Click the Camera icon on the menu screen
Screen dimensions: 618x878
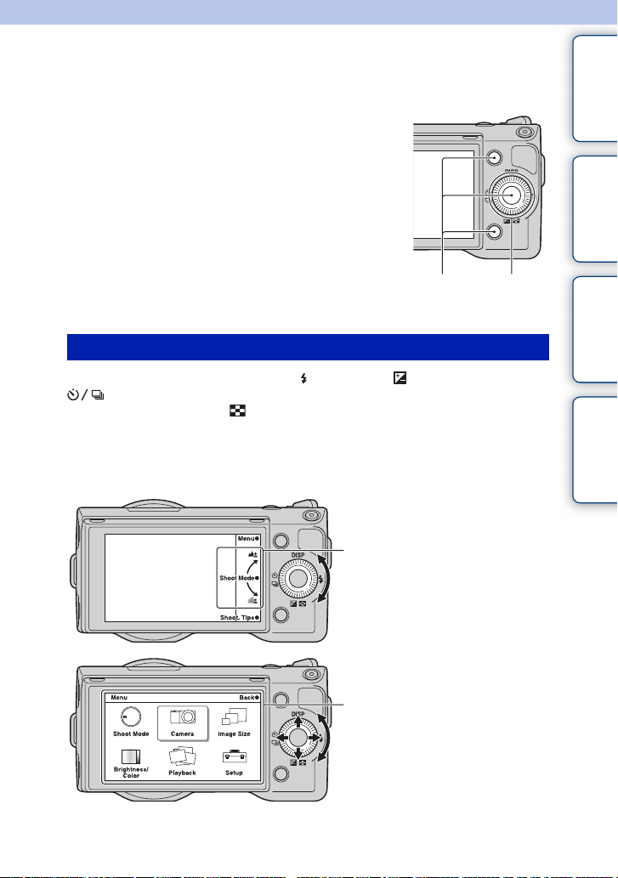(x=183, y=717)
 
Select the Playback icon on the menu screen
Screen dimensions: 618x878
(x=183, y=756)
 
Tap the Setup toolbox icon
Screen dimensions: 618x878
(x=234, y=757)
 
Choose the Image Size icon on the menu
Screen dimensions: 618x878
(x=234, y=717)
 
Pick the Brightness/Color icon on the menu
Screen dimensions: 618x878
(x=131, y=757)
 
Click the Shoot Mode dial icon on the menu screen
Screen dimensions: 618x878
(x=131, y=717)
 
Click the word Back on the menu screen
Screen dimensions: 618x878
(x=247, y=698)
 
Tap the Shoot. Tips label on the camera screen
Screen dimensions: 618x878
(x=237, y=618)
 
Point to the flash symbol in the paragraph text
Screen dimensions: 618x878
(x=304, y=378)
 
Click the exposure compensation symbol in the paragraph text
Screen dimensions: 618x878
(x=400, y=378)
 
